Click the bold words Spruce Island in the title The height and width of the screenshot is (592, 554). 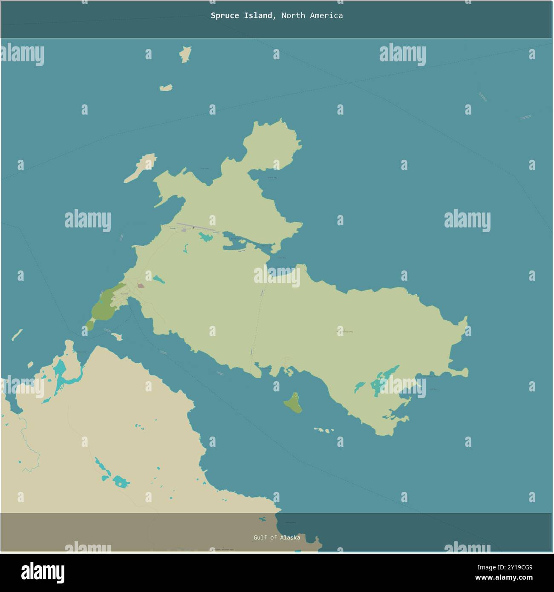[242, 16]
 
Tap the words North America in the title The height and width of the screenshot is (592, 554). [312, 16]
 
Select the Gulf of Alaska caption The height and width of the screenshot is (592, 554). [277, 537]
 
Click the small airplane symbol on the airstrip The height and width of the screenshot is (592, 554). [194, 227]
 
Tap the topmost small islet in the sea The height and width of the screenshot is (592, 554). [185, 54]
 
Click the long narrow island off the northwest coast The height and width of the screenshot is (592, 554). [140, 168]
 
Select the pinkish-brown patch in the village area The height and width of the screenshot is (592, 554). [141, 286]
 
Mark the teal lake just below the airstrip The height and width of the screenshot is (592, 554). [206, 236]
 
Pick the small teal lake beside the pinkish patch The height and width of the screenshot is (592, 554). [159, 280]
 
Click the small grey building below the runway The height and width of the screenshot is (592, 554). [184, 230]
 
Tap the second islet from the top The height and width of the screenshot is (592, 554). [166, 88]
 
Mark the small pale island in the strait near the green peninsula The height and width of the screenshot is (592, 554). [117, 336]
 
